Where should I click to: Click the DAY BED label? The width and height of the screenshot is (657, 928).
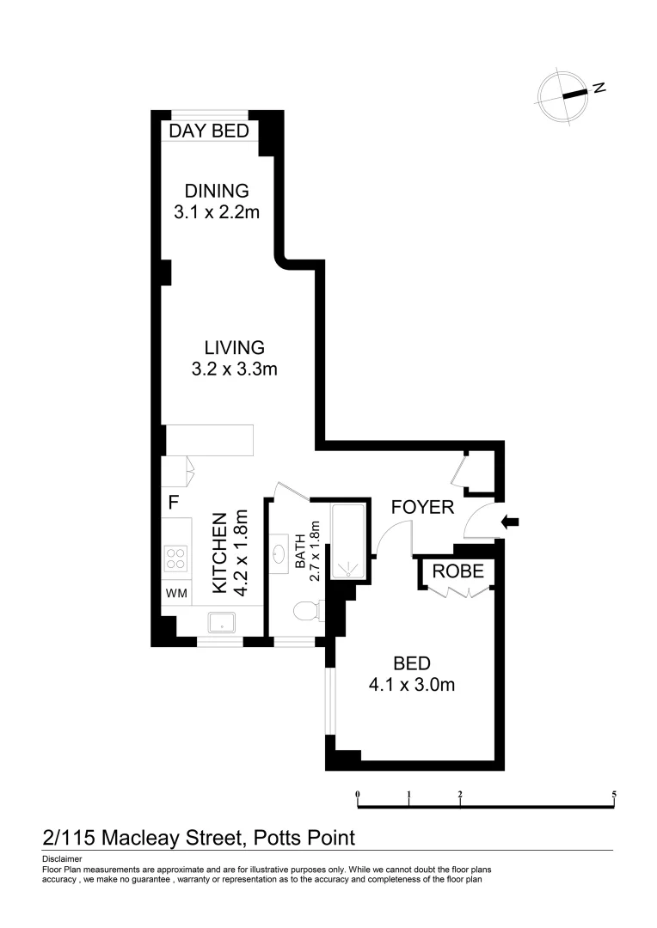(x=209, y=131)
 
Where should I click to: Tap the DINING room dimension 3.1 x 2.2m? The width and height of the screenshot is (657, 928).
(x=216, y=212)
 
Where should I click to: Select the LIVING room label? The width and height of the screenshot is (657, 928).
(x=234, y=348)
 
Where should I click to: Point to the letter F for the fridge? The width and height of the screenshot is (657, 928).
(x=173, y=500)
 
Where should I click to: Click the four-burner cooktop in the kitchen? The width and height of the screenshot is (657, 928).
(x=176, y=559)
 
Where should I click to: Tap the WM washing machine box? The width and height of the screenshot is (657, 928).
(x=175, y=593)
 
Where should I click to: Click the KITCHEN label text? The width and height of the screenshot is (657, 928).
(x=220, y=553)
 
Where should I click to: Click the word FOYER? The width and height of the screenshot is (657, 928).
(x=422, y=507)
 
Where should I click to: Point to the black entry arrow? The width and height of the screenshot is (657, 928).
(x=509, y=521)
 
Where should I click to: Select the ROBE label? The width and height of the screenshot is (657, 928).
(x=457, y=571)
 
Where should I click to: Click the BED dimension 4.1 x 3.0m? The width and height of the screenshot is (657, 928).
(x=411, y=685)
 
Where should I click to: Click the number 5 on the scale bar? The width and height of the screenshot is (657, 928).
(x=614, y=794)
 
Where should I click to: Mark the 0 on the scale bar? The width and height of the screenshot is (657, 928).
(x=357, y=794)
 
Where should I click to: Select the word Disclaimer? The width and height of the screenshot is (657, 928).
(x=61, y=859)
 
